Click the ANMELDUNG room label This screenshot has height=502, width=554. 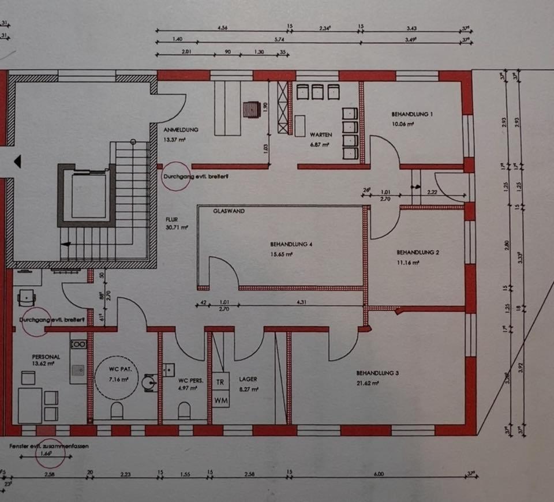click(181, 130)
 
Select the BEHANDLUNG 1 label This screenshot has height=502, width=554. click(411, 114)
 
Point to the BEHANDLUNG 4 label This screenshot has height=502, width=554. click(291, 245)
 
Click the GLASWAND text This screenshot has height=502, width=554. click(229, 211)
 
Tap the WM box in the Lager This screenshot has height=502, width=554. click(220, 399)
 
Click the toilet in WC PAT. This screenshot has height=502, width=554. click(117, 410)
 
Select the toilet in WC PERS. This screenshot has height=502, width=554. click(184, 410)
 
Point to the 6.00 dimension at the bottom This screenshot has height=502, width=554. click(378, 474)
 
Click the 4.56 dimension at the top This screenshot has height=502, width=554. click(222, 28)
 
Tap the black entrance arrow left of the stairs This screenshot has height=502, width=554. click(17, 162)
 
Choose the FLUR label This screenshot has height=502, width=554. click(172, 220)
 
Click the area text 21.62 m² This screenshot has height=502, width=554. click(368, 382)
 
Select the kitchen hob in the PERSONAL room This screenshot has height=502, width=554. click(78, 344)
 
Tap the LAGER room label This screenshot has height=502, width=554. click(248, 379)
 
